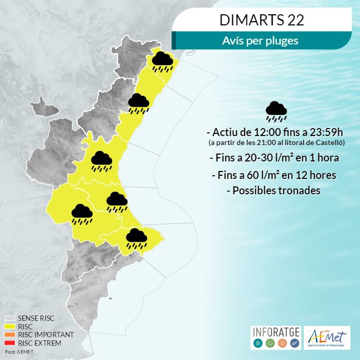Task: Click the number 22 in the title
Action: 293,20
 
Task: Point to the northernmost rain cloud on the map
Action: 162,61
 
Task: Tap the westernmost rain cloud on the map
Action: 82,213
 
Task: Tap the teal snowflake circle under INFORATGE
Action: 258,344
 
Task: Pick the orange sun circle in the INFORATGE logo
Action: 282,344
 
